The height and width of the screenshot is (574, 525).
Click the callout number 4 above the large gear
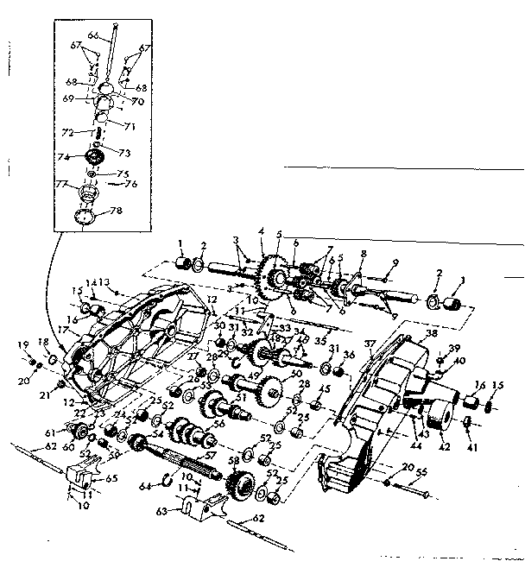pyautogui.click(x=261, y=231)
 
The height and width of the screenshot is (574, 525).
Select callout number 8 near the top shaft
pyautogui.click(x=364, y=253)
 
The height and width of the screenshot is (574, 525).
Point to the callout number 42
pyautogui.click(x=446, y=447)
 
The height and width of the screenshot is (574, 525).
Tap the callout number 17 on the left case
pyautogui.click(x=63, y=329)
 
